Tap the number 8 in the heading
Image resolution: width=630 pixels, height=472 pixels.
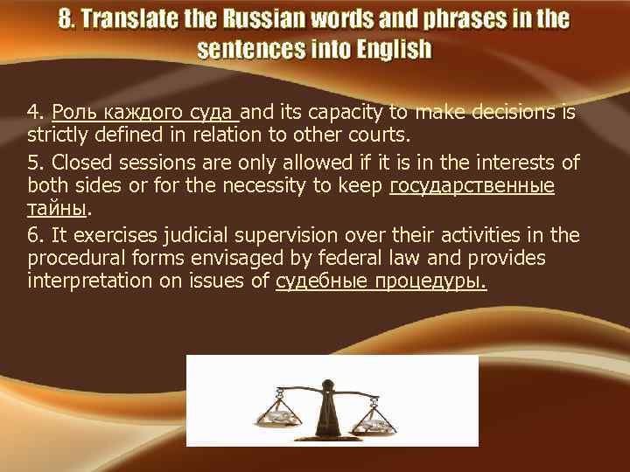(x=66, y=19)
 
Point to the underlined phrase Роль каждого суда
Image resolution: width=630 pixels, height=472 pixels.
(x=145, y=112)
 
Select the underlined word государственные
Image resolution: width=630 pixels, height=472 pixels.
(x=472, y=186)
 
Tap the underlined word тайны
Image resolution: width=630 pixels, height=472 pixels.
(x=57, y=211)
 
